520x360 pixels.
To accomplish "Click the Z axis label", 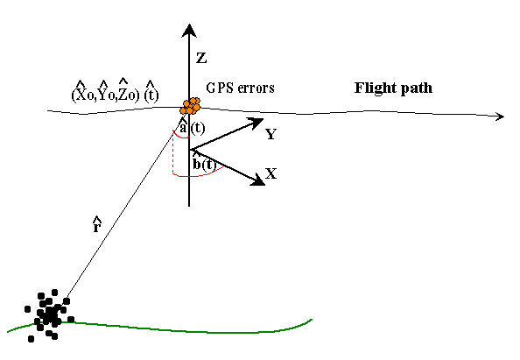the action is pos(201,59).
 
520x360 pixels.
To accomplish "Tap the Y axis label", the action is pos(271,134).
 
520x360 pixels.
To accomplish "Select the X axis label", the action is pos(271,173).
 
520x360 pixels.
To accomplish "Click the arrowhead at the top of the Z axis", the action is pos(189,31).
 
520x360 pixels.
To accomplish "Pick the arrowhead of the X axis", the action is pos(258,180).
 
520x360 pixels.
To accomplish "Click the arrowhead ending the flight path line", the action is pos(500,116).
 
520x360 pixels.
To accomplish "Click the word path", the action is pos(418,88).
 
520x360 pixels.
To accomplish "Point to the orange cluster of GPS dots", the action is pos(190,106).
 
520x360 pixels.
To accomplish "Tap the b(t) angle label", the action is pos(204,163).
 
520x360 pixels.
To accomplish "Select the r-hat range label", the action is pos(96,225).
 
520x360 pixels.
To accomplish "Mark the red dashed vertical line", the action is pos(172,153).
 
